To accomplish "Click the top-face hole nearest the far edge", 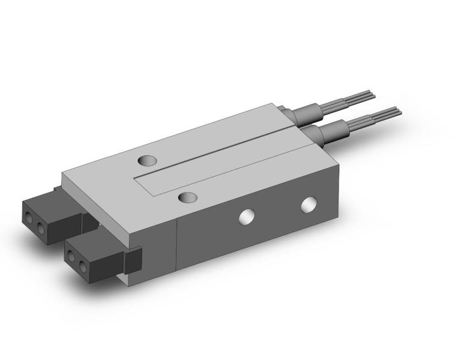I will (x=146, y=160).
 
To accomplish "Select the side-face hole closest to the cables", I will (x=309, y=205).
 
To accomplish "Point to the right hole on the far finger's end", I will (x=41, y=228).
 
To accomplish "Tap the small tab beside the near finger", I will (x=133, y=259).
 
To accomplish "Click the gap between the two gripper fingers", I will (x=90, y=221).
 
